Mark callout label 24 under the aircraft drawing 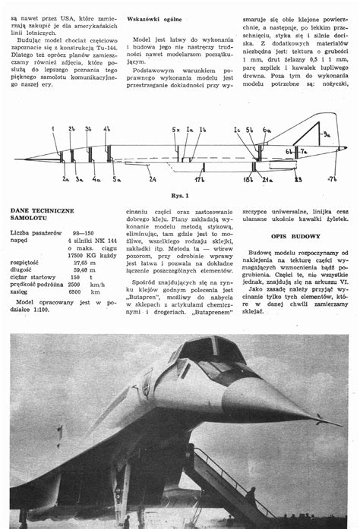point(153,180)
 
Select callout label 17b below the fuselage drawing point(199,180)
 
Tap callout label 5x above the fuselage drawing point(176,129)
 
